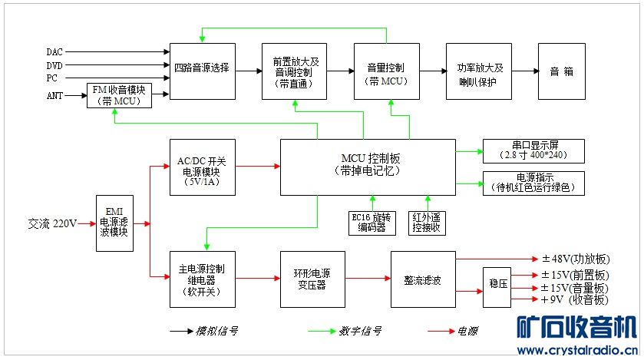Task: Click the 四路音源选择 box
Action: (202, 71)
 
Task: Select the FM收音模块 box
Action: (119, 95)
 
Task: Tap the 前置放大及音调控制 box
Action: (295, 71)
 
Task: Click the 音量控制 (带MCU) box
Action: (387, 71)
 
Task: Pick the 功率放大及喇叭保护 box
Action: (479, 71)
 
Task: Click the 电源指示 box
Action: (533, 183)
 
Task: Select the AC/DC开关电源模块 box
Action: (202, 166)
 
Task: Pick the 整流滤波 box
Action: (423, 279)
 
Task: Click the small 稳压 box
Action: (496, 287)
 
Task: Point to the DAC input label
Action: (54, 52)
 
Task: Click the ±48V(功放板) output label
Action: (575, 259)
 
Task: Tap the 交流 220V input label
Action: (52, 223)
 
